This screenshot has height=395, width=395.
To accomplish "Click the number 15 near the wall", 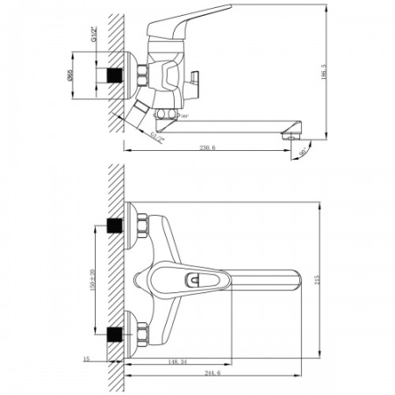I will [x=86, y=359].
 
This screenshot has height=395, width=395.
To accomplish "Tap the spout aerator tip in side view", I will [x=286, y=134].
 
